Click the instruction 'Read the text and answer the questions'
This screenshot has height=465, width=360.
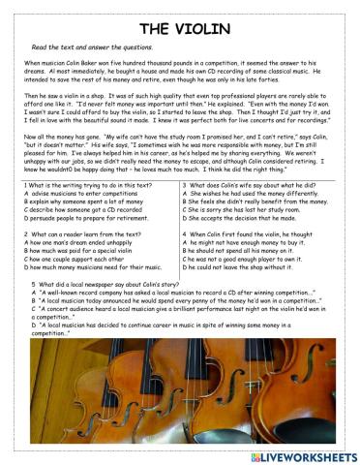pyautogui.click(x=93, y=46)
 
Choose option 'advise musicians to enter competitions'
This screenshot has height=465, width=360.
pyautogui.click(x=83, y=193)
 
